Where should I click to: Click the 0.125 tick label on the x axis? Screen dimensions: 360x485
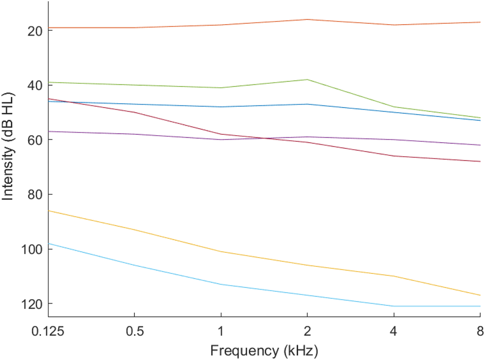pyautogui.click(x=48, y=330)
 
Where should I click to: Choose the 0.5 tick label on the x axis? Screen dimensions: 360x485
pyautogui.click(x=134, y=330)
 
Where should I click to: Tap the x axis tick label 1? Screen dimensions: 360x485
pyautogui.click(x=221, y=330)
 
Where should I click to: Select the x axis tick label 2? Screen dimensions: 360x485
pyautogui.click(x=307, y=330)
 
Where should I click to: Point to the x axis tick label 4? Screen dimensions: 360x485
pyautogui.click(x=394, y=330)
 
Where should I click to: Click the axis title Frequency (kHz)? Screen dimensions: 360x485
pyautogui.click(x=264, y=350)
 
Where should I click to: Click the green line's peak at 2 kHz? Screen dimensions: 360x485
pyautogui.click(x=307, y=79)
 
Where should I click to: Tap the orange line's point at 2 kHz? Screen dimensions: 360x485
pyautogui.click(x=307, y=19)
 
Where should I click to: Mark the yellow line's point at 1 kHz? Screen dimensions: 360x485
pyautogui.click(x=221, y=252)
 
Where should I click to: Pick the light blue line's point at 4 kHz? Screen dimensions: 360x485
pyautogui.click(x=394, y=306)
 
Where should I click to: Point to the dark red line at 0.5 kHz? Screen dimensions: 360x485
pyautogui.click(x=134, y=112)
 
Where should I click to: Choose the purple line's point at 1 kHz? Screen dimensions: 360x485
pyautogui.click(x=221, y=140)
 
